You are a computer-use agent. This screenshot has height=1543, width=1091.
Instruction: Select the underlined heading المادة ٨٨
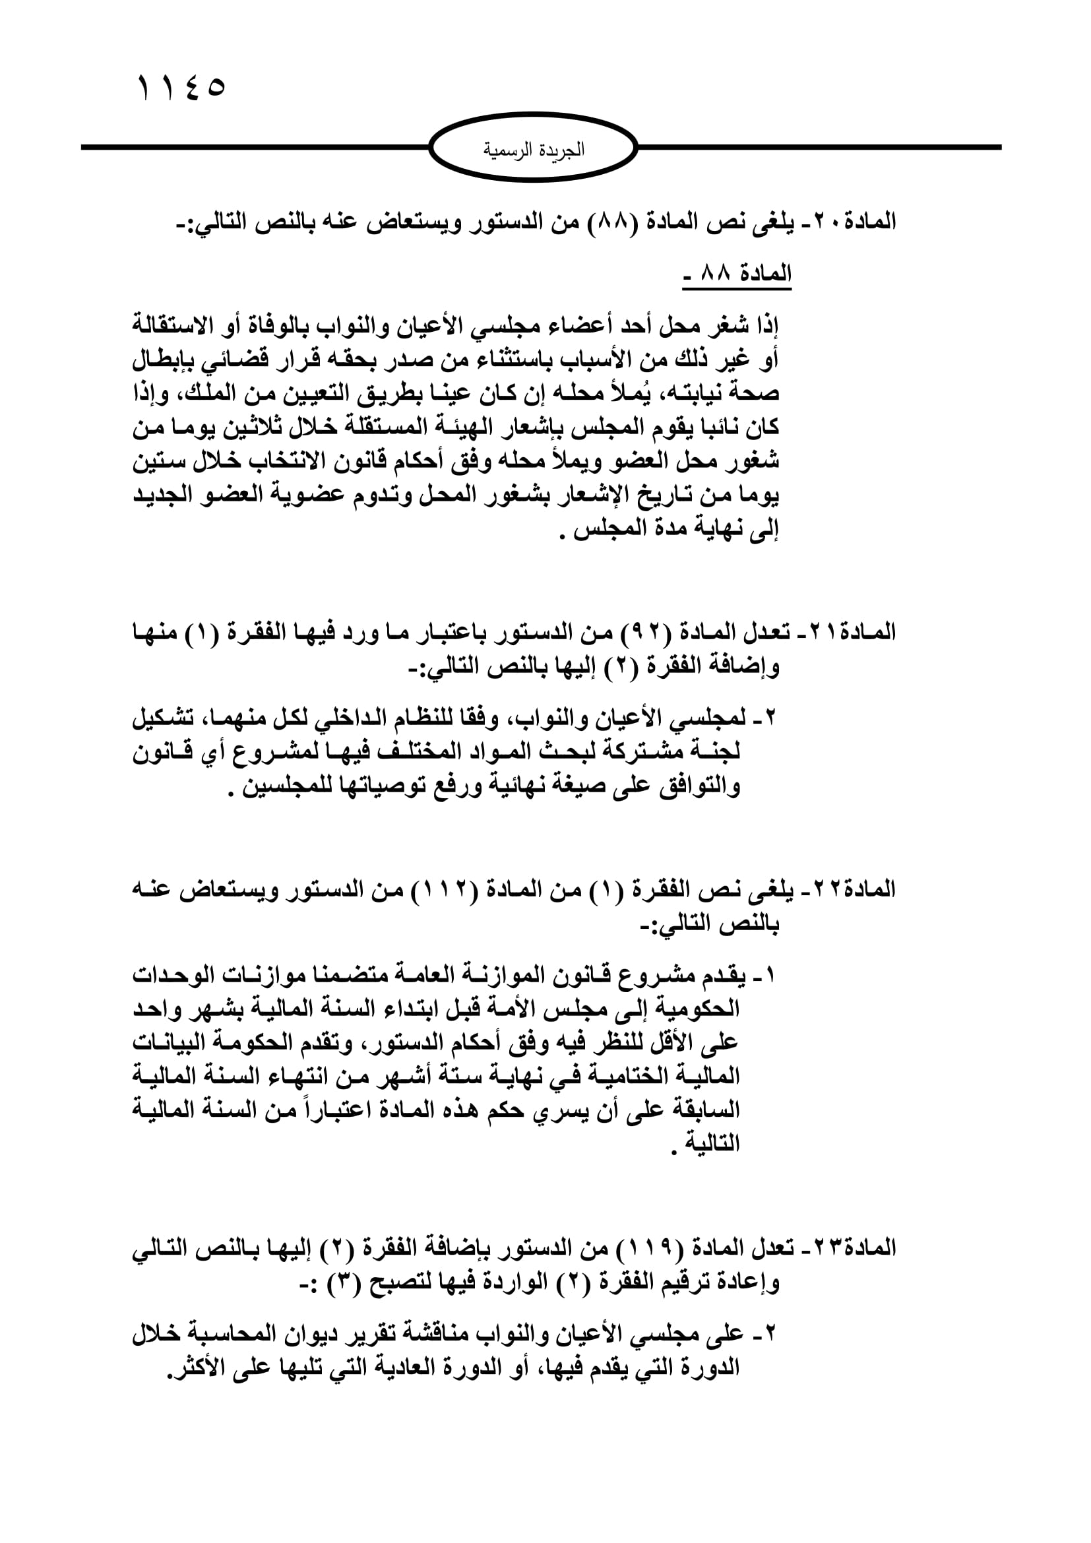737,275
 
